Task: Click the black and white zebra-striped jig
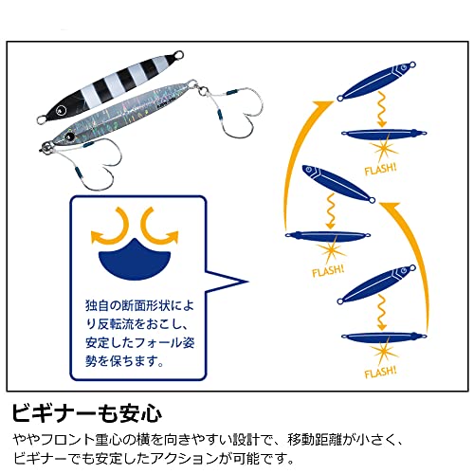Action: pyautogui.click(x=109, y=86)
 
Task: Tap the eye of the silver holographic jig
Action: pyautogui.click(x=69, y=137)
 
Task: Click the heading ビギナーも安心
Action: pyautogui.click(x=87, y=412)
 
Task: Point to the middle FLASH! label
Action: pyautogui.click(x=328, y=271)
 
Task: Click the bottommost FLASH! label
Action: pyautogui.click(x=380, y=373)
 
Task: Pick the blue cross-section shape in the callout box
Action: pyautogui.click(x=135, y=259)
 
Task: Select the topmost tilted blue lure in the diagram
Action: pyautogui.click(x=376, y=81)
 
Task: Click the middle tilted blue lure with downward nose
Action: pyautogui.click(x=338, y=184)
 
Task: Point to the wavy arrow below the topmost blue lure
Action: pyautogui.click(x=381, y=109)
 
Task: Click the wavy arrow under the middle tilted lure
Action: pyautogui.click(x=331, y=211)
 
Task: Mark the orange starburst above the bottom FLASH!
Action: pyautogui.click(x=384, y=353)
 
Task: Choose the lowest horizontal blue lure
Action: pyautogui.click(x=384, y=337)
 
